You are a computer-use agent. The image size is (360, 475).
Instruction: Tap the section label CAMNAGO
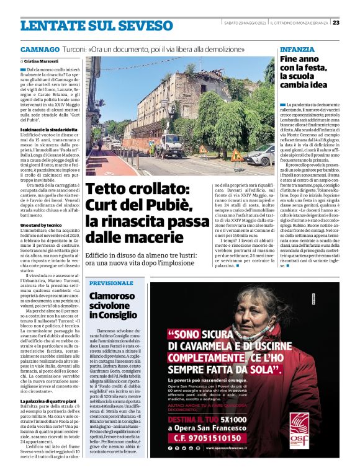(40, 49)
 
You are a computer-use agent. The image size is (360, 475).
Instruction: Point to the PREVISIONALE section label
(111, 283)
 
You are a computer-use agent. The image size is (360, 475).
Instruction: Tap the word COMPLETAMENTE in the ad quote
(211, 358)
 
